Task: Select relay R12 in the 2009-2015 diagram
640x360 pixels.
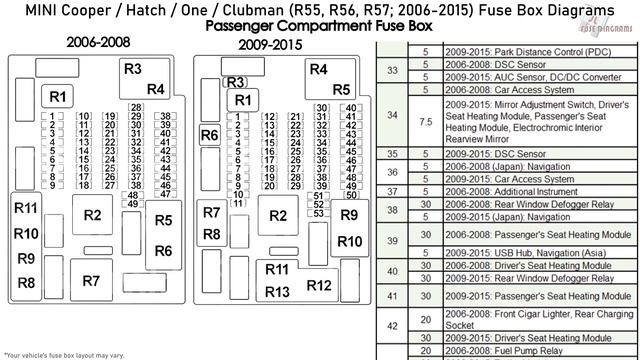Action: (319, 285)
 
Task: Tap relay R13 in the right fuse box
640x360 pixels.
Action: (277, 291)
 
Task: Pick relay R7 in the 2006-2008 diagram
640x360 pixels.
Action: (91, 280)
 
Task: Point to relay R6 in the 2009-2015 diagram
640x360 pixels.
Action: (209, 135)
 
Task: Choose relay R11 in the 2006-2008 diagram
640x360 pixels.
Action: (26, 209)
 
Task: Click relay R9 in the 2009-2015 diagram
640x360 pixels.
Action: (349, 215)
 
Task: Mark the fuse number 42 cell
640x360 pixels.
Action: (391, 326)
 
